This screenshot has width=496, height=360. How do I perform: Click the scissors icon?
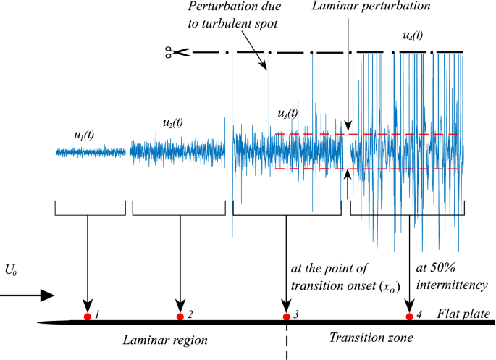[176, 52]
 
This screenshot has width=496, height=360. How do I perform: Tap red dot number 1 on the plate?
[87, 317]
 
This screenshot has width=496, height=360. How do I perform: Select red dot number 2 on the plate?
[180, 317]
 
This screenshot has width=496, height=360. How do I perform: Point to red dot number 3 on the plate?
[287, 317]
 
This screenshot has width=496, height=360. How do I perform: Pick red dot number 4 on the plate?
[410, 317]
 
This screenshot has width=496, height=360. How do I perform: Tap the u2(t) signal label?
[172, 122]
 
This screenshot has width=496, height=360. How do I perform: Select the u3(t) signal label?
[287, 113]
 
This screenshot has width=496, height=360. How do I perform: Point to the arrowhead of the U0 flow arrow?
[48, 295]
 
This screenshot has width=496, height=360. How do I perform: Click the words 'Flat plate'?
[463, 314]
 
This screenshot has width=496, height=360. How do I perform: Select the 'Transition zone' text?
[361, 338]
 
